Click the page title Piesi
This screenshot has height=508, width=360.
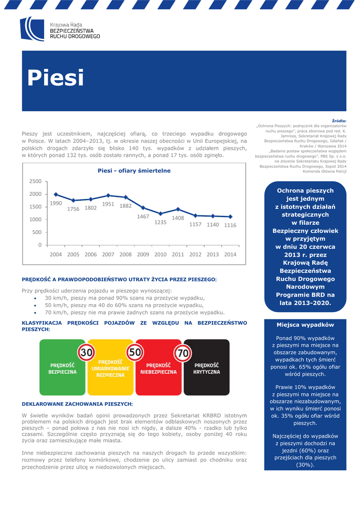(x=55, y=78)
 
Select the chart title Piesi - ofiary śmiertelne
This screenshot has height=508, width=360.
(x=134, y=171)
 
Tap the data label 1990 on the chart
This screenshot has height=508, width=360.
(x=56, y=203)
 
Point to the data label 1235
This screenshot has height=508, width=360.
(x=160, y=222)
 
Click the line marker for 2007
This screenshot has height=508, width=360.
(x=108, y=195)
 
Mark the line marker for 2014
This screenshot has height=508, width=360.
(x=230, y=217)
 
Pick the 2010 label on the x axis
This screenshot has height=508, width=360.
(x=160, y=254)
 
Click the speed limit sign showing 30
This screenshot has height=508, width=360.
(x=87, y=353)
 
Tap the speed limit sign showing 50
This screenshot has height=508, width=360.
(x=135, y=353)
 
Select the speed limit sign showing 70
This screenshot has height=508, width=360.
(x=183, y=353)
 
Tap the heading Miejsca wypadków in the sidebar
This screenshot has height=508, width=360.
(x=305, y=325)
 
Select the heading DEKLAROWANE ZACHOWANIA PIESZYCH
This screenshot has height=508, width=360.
(x=77, y=404)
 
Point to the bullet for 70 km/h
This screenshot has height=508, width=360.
(x=35, y=313)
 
